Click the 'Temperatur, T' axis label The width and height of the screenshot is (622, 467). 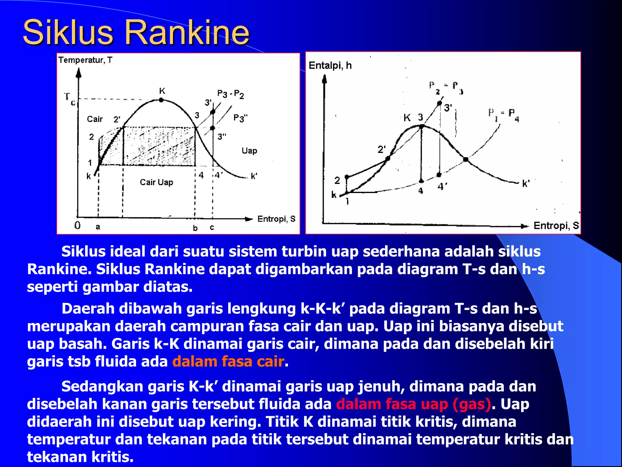coord(85,60)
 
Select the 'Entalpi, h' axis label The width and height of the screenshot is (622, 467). coord(330,65)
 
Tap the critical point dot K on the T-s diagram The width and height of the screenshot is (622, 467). coord(161,100)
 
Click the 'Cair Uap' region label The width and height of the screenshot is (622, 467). coord(156,182)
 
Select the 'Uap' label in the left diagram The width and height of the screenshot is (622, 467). coord(249,151)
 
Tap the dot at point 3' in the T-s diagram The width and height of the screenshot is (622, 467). coord(213,112)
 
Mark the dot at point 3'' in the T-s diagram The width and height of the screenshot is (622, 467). coord(212,128)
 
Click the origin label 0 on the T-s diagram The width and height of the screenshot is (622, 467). coord(77,225)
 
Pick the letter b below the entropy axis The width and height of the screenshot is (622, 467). coord(195,228)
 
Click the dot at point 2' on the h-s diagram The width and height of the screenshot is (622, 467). coord(388,158)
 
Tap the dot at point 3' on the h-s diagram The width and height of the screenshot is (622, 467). coord(439,103)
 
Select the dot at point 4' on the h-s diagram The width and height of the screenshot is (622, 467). coord(439,175)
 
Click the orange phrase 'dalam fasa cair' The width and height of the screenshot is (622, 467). coord(228,361)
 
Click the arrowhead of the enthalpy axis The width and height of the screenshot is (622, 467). coord(324,79)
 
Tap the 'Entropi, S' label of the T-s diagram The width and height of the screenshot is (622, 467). coord(276,219)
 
